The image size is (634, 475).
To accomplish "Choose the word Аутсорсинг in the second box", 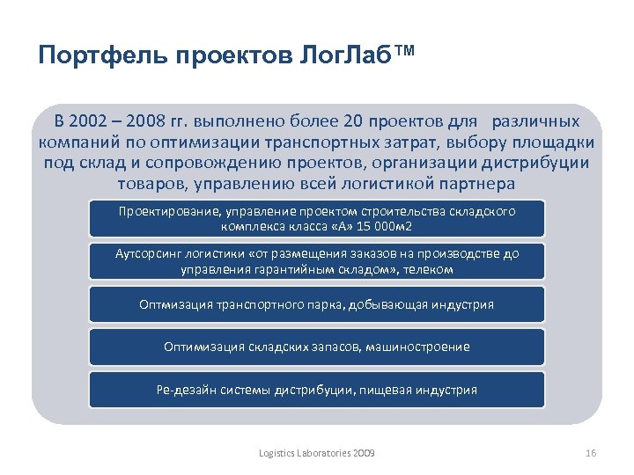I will (148, 254).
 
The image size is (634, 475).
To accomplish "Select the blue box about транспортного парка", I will (316, 304).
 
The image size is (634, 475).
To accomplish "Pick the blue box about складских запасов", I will (316, 347).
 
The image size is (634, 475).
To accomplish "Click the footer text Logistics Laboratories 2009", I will (316, 452).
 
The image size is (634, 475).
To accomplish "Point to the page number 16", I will (590, 452).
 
